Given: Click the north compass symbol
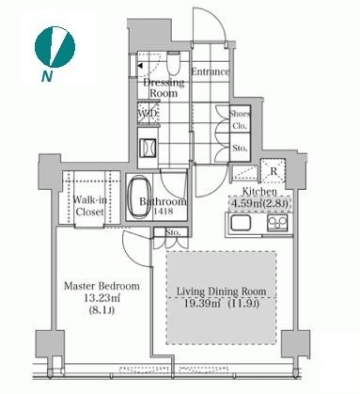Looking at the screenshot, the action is [x=55, y=46].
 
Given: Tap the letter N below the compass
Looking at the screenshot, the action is [x=47, y=76].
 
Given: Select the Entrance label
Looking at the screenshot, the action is [x=211, y=71].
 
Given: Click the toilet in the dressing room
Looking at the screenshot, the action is [x=173, y=62].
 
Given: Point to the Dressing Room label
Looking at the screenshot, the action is [x=164, y=88].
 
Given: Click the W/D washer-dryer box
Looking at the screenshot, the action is [x=149, y=113].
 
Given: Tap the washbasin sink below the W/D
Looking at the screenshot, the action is [x=149, y=148].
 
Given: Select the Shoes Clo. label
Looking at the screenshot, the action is [x=240, y=120].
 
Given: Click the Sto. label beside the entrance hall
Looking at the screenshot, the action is [x=240, y=148].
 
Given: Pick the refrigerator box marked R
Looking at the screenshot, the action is [x=273, y=171].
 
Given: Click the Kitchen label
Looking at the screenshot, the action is [x=259, y=191].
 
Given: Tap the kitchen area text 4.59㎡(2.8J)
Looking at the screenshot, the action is [x=258, y=204].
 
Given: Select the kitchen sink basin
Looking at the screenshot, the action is [x=241, y=223].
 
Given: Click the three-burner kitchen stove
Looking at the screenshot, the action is [x=277, y=223].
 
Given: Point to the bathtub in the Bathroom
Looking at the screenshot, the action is [x=139, y=197].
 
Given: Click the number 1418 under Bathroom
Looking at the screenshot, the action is [x=163, y=212].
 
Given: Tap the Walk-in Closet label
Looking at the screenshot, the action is [x=89, y=206].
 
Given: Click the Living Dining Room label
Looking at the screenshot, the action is [x=222, y=292].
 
